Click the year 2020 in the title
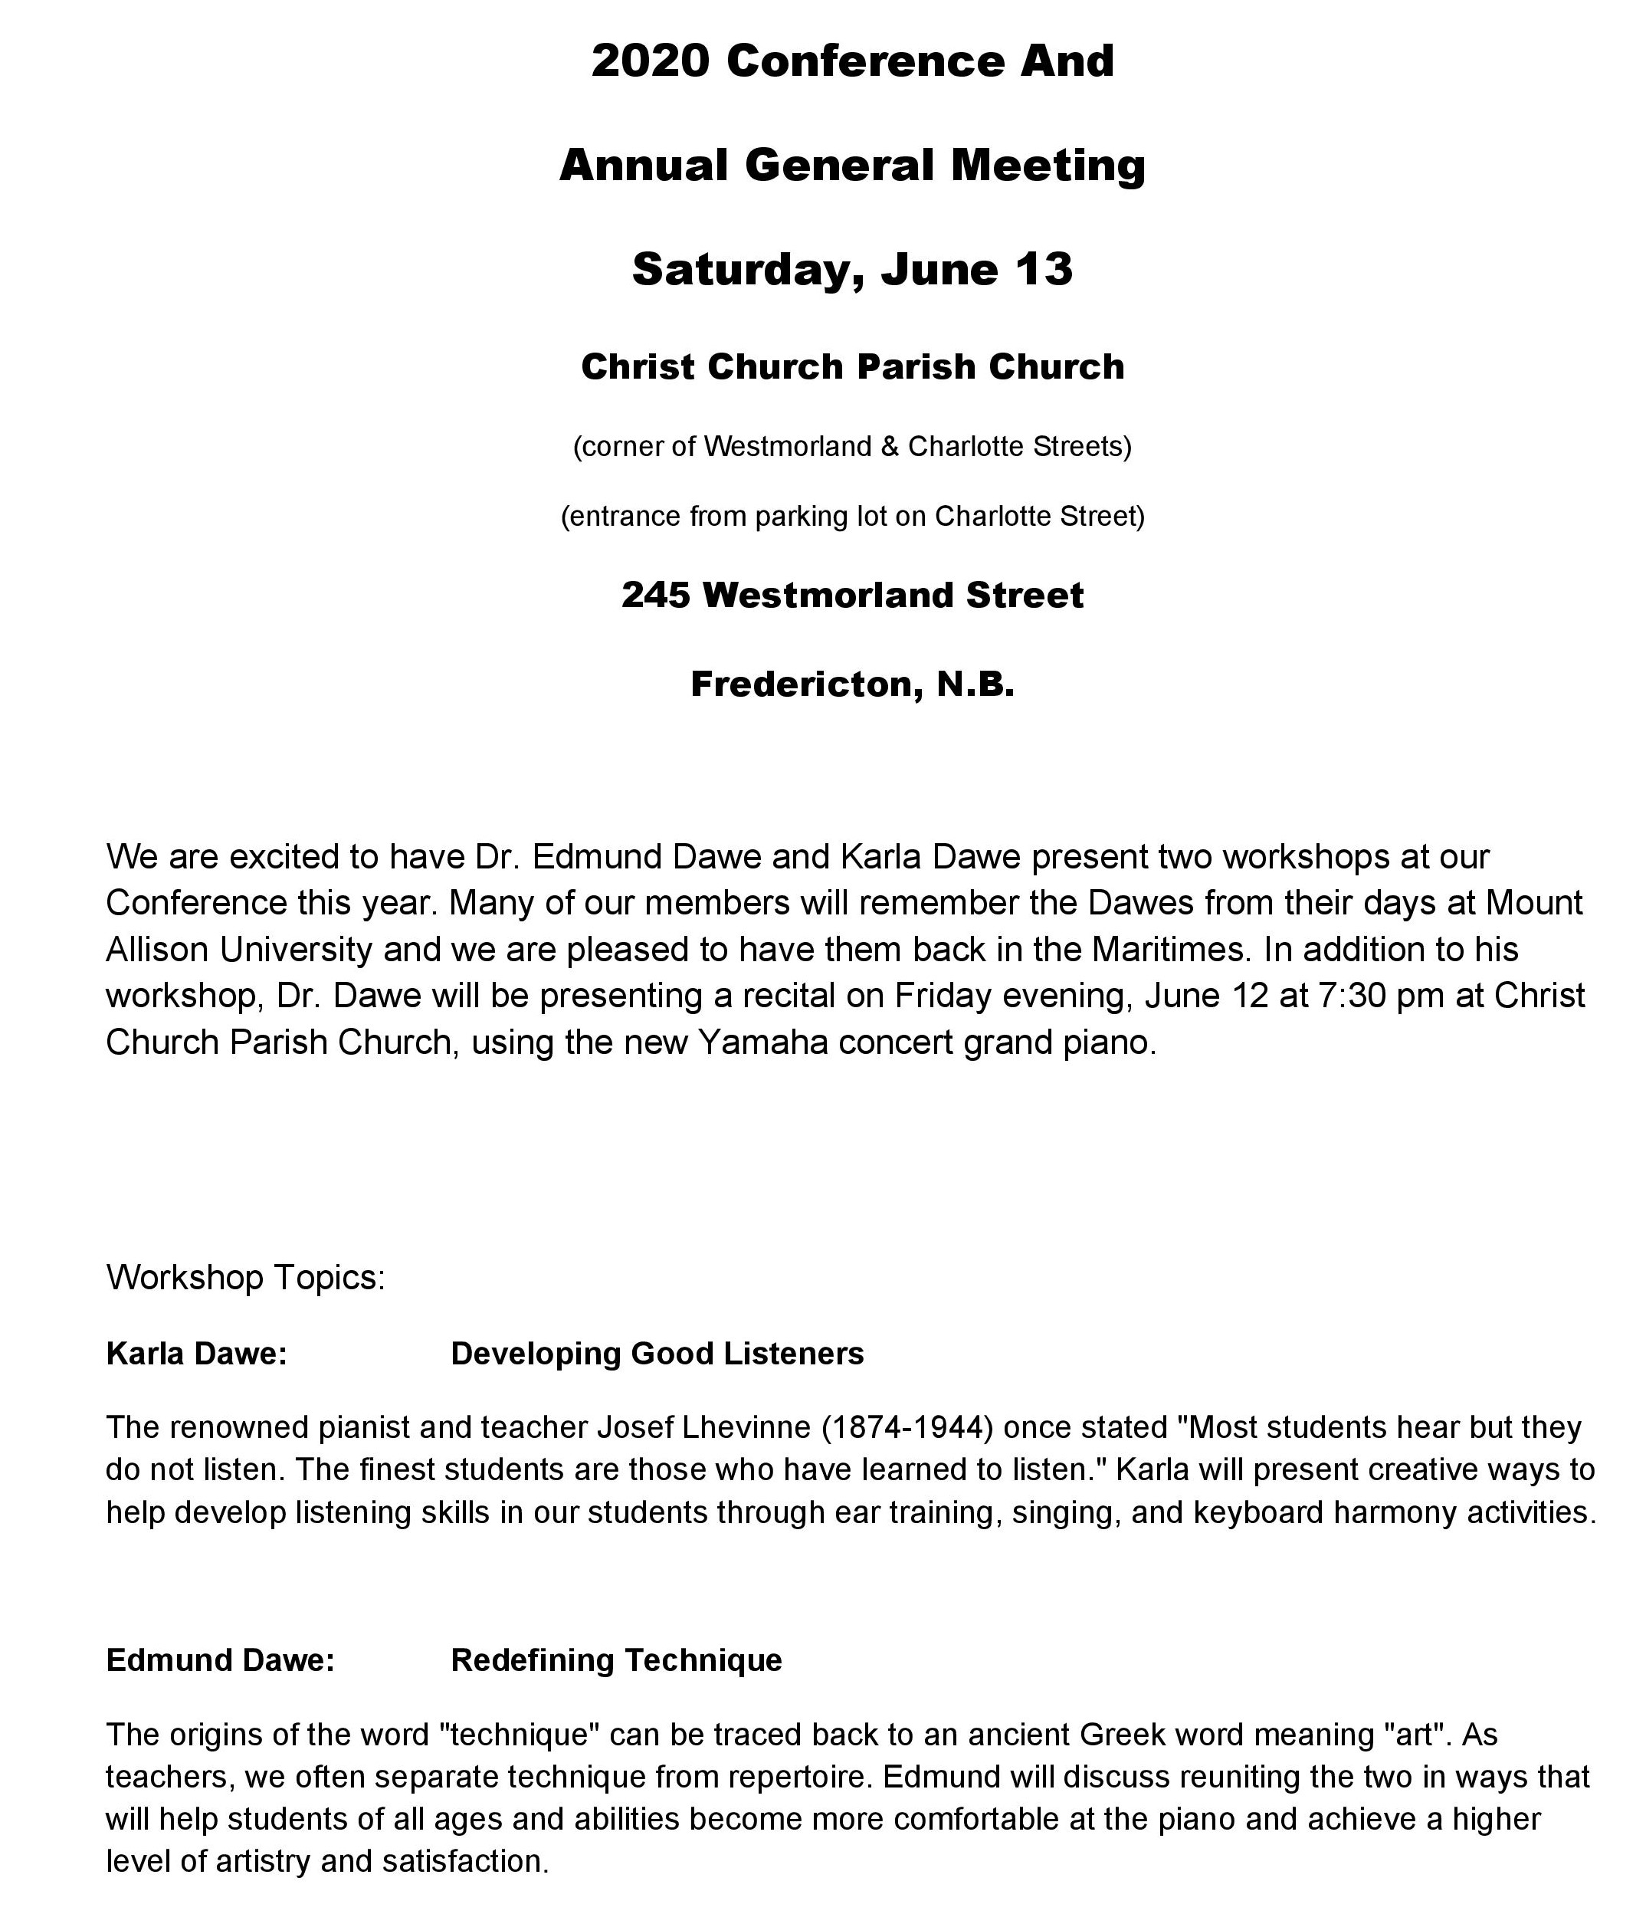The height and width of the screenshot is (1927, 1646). tap(651, 61)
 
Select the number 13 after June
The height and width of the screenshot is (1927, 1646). tap(1044, 270)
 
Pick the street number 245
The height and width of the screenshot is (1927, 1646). tap(656, 596)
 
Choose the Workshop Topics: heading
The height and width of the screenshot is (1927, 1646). tap(245, 1277)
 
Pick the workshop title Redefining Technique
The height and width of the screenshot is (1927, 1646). tap(615, 1660)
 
